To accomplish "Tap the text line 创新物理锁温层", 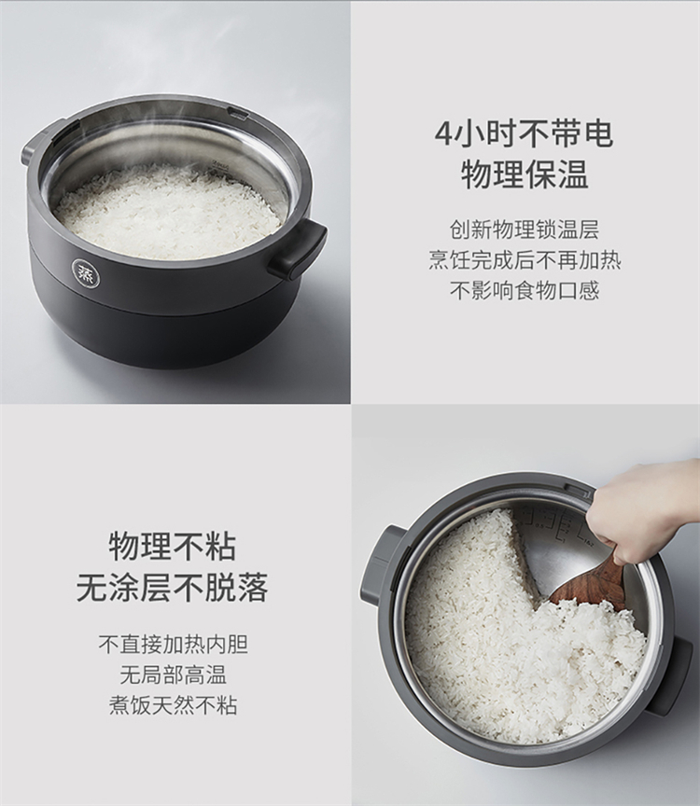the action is pos(525,229).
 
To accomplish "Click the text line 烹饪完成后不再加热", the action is pos(525,260).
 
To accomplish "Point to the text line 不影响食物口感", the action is pos(525,290).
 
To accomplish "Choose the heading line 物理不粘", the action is pos(173,547).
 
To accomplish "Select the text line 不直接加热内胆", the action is pos(174,644).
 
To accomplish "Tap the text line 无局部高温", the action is pos(174,674).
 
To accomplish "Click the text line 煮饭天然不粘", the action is pos(174,704).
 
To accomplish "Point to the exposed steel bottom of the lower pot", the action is pos(561,561).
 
